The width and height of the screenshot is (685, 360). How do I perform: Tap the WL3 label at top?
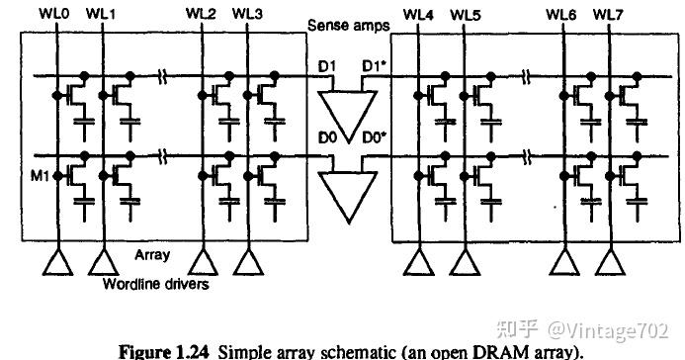247,15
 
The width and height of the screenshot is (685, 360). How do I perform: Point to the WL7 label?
608,15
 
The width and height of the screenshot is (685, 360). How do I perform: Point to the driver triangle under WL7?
608,262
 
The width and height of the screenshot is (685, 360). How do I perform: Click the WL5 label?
464,15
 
